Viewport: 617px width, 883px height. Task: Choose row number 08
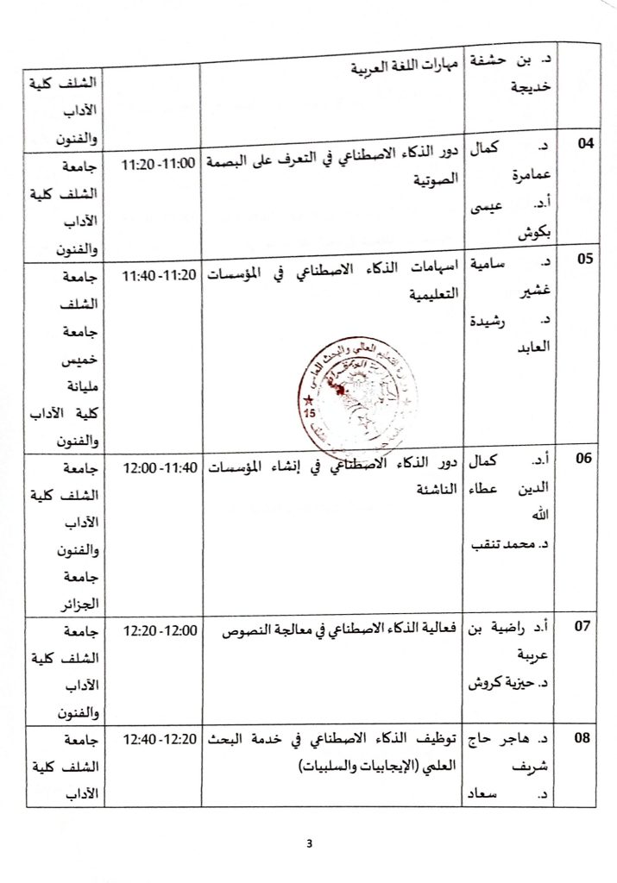pyautogui.click(x=586, y=738)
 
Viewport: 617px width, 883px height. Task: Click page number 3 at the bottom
pyautogui.click(x=309, y=842)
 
